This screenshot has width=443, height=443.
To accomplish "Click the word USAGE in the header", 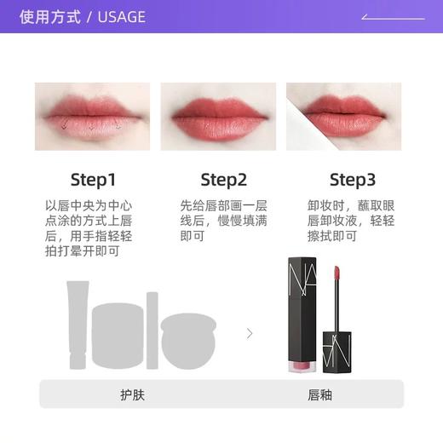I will (122, 17).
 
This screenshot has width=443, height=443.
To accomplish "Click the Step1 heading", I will (92, 180).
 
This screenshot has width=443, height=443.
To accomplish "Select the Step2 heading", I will (223, 180).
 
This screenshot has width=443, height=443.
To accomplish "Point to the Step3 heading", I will (352, 180).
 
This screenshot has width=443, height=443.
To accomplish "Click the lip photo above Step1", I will (92, 117).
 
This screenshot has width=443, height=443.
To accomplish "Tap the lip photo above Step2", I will (223, 117).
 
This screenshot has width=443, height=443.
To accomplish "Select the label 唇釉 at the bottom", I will (319, 395).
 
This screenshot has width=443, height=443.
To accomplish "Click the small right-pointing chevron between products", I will (249, 333).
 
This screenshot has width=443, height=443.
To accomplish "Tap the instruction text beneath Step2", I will (223, 221).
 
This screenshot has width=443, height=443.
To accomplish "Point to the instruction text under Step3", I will (351, 221).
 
